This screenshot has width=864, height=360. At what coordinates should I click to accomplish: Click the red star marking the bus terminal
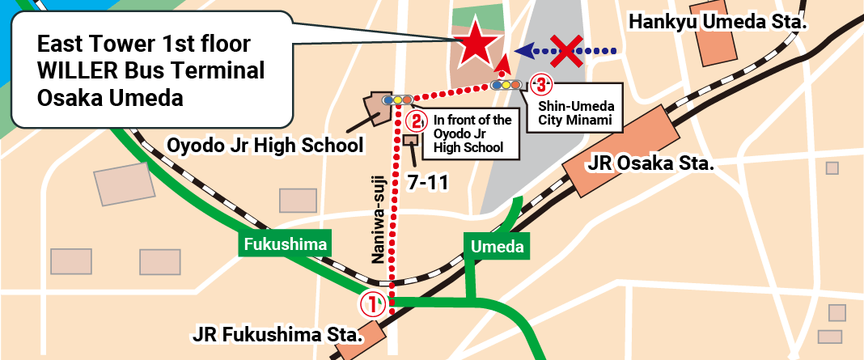coord(475,44)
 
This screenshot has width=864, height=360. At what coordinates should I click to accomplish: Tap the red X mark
coord(570,50)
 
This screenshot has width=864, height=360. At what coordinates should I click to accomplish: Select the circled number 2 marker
coord(416,122)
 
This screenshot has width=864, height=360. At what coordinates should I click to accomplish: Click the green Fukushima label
coord(285,244)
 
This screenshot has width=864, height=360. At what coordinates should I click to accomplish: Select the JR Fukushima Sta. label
coord(275,334)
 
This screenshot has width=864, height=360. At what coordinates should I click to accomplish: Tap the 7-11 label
coord(428,183)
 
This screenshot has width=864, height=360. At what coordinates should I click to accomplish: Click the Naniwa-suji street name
coord(378,219)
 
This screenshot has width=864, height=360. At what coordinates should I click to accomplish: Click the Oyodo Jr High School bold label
coord(265,146)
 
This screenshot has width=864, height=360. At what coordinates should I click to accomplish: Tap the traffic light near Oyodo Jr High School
coord(397,100)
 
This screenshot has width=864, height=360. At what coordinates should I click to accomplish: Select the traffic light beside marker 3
coord(506,84)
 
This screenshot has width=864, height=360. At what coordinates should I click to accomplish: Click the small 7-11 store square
coord(410,140)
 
